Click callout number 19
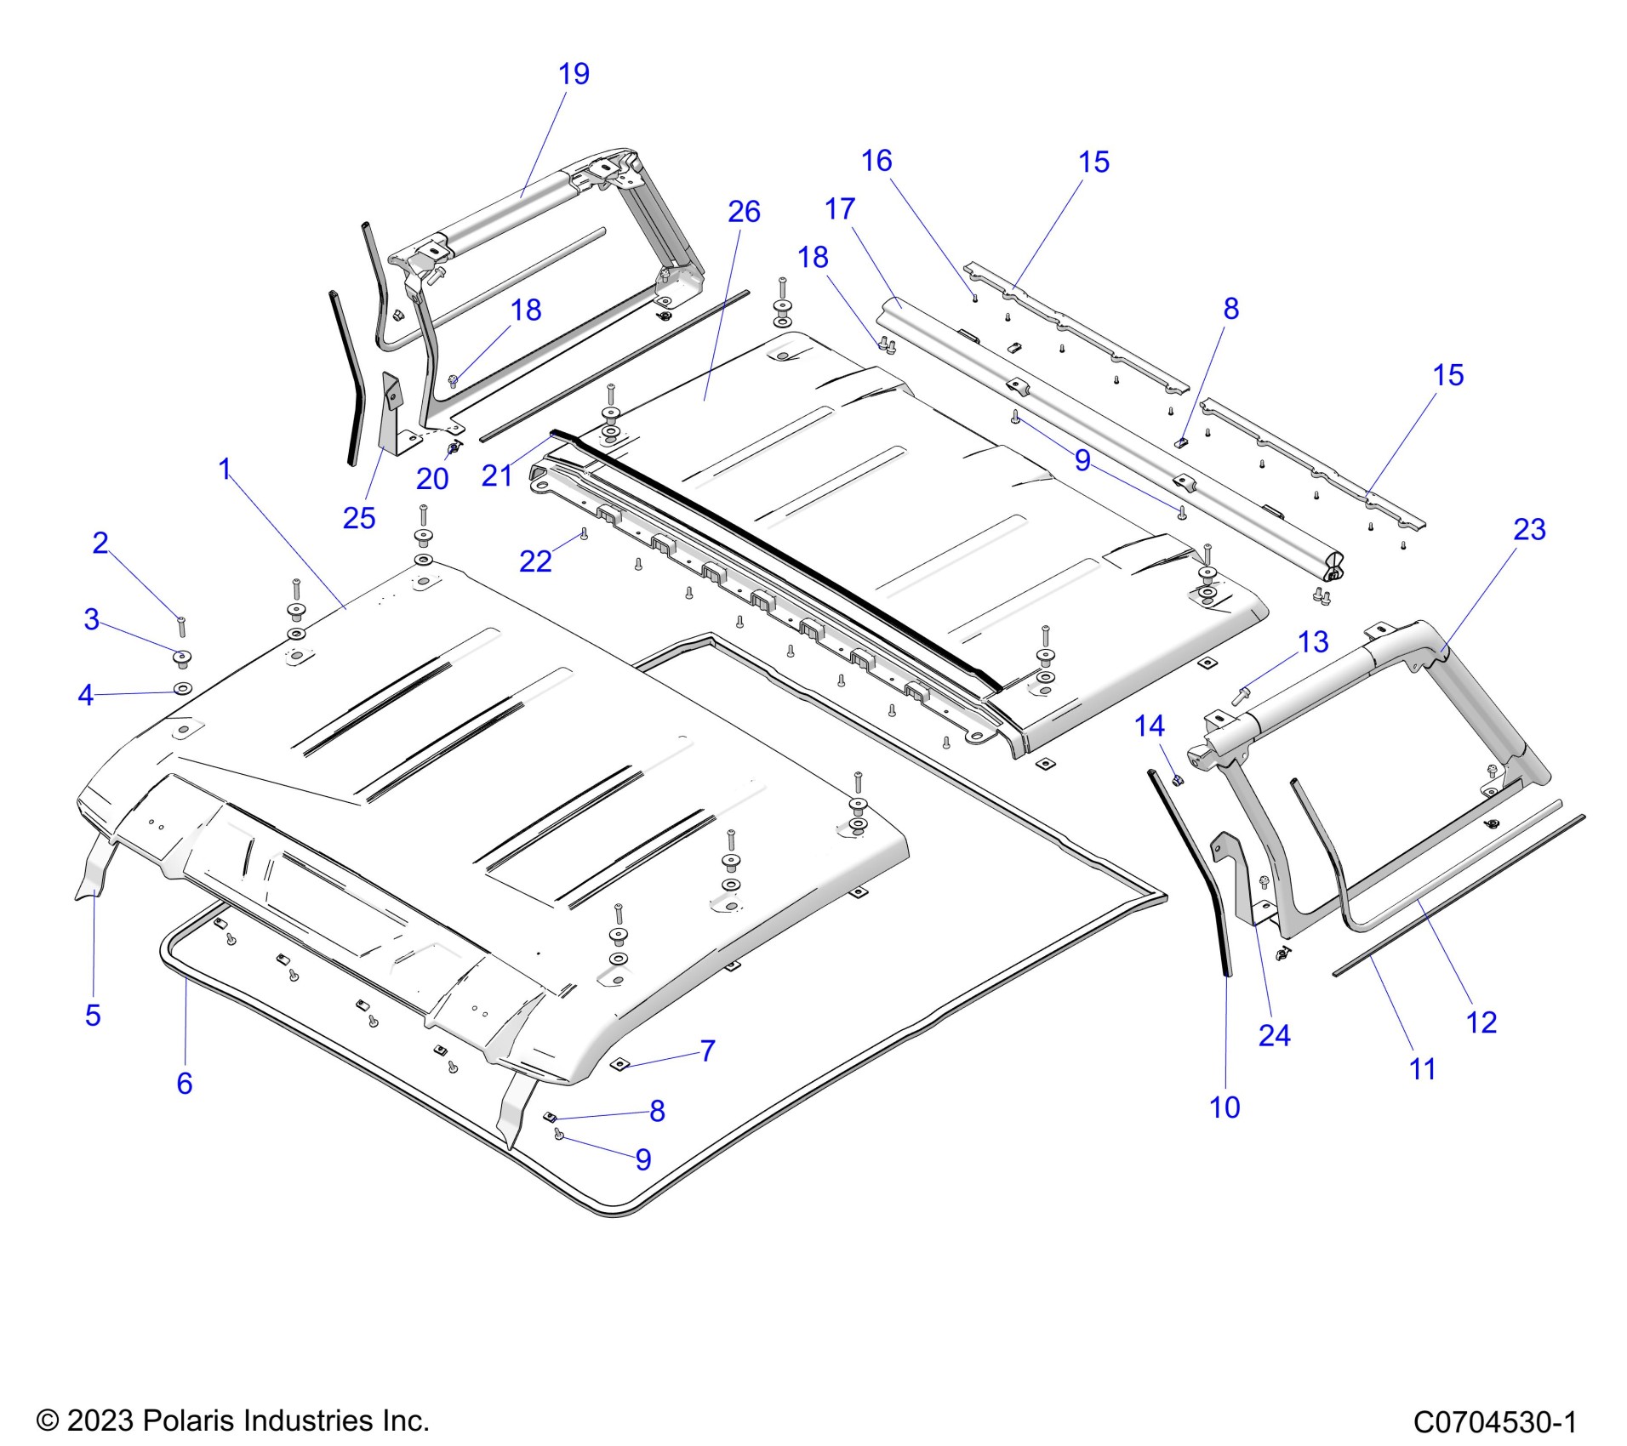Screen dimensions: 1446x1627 tap(574, 75)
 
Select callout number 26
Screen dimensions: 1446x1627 tap(744, 213)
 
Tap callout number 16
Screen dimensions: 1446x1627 tap(876, 162)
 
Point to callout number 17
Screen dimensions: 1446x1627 tap(839, 209)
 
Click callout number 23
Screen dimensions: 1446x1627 tap(1529, 530)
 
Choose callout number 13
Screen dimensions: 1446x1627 tap(1313, 642)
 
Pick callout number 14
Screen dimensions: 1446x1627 tap(1150, 726)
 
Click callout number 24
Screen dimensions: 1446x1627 tap(1274, 1035)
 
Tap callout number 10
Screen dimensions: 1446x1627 tap(1225, 1107)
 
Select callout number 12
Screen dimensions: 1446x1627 tap(1481, 1022)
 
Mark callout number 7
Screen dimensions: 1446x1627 tap(707, 1051)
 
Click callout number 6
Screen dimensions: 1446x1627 tap(185, 1083)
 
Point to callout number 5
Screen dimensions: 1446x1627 tap(93, 1015)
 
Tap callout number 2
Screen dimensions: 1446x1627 tap(100, 543)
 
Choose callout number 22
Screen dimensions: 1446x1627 tap(535, 561)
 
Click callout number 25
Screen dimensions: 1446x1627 tap(358, 518)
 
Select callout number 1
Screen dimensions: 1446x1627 tap(225, 469)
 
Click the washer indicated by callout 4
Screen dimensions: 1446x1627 tap(182, 687)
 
